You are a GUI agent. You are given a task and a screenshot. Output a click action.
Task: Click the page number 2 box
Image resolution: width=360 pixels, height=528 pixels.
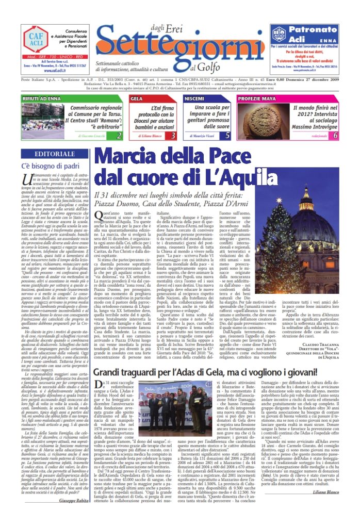pos(119,136)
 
